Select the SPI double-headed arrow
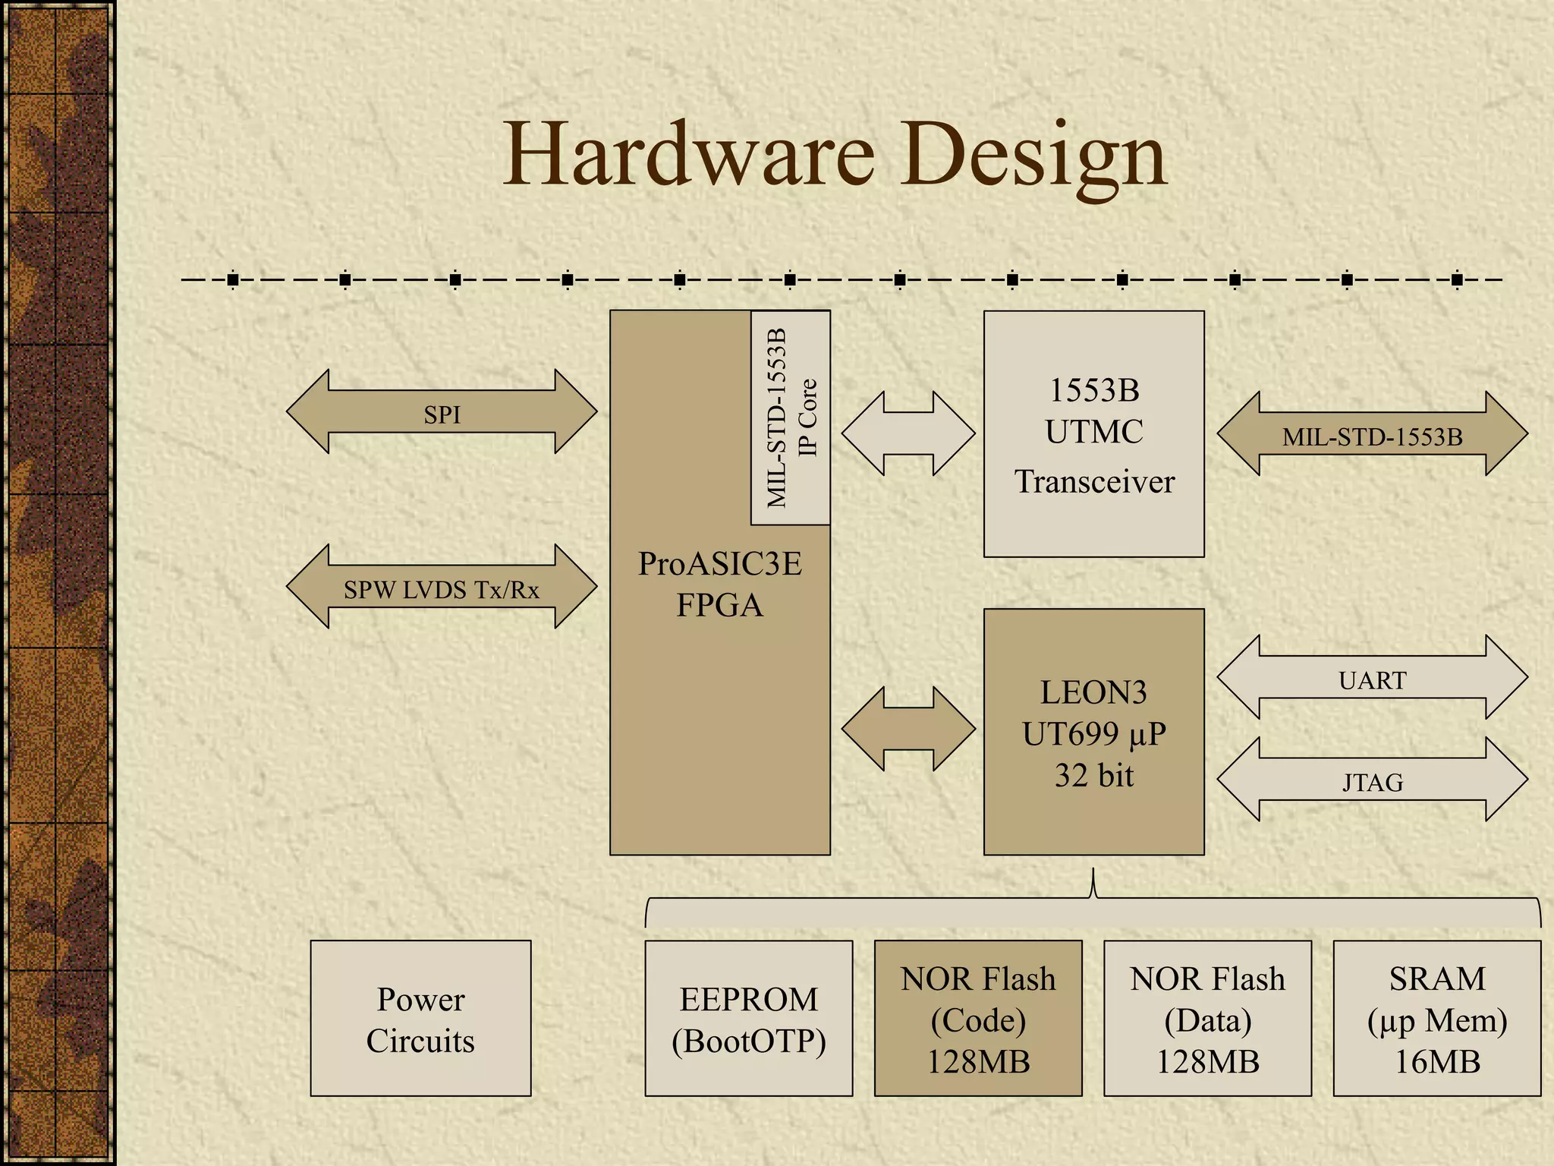point(442,412)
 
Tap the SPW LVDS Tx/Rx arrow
point(442,587)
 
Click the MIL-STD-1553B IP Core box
point(791,418)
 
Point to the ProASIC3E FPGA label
point(719,584)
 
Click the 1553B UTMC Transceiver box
point(1093,434)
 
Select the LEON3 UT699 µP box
point(1093,732)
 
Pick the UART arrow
point(1372,678)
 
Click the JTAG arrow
point(1372,780)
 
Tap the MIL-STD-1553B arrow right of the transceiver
point(1372,434)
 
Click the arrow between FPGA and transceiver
point(908,434)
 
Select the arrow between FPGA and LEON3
point(908,729)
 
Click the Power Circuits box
point(420,1019)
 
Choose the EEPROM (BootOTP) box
point(749,1019)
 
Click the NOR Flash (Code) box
point(978,1019)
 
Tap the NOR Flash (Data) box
point(1207,1019)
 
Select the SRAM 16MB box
point(1437,1019)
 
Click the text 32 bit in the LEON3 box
point(1093,775)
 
